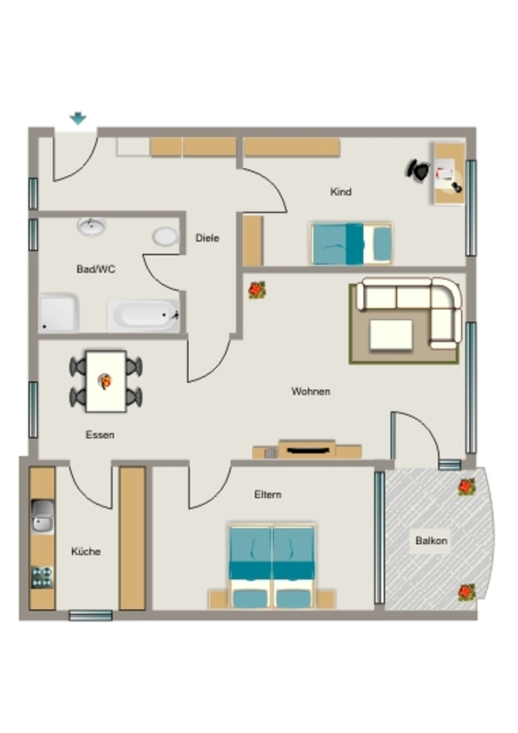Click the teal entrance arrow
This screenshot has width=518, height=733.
tap(78, 118)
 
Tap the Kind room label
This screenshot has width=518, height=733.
tap(341, 192)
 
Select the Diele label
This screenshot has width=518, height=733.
tap(207, 238)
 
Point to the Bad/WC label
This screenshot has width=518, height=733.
tap(96, 269)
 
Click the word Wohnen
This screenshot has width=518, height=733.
tap(311, 392)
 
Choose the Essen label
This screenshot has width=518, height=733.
tap(100, 435)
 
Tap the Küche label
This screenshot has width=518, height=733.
tap(86, 552)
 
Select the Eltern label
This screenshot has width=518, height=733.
tap(268, 494)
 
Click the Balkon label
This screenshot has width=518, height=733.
tap(431, 540)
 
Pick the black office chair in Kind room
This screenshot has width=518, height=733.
tap(418, 170)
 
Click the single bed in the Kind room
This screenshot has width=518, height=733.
tap(351, 243)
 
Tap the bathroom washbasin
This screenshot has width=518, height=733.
tap(92, 226)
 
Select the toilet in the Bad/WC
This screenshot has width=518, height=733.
tap(165, 236)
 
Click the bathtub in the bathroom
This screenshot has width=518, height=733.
tap(143, 316)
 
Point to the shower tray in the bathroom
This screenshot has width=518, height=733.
tap(59, 313)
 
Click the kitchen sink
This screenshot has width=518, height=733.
tap(42, 516)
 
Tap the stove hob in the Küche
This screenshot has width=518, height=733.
tap(42, 577)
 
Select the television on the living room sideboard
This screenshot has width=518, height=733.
tap(307, 451)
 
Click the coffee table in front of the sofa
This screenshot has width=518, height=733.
tap(391, 334)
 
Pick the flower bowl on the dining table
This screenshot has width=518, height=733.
tap(104, 381)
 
